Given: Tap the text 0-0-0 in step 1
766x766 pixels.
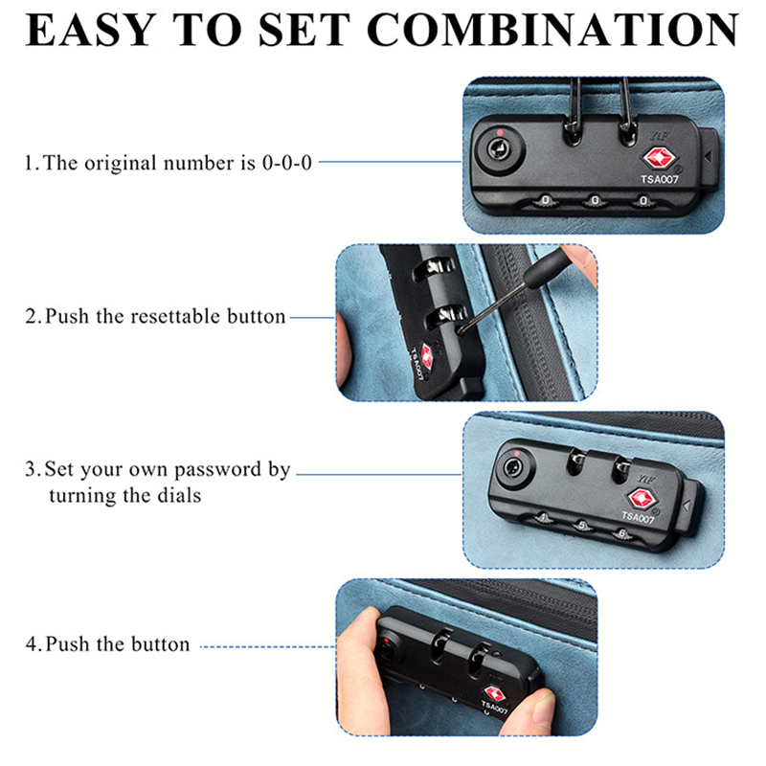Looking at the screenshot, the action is tap(286, 163).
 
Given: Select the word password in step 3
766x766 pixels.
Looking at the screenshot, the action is tap(218, 470).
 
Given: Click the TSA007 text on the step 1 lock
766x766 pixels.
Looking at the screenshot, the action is tap(660, 180).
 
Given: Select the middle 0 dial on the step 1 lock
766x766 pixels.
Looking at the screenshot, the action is tap(595, 200).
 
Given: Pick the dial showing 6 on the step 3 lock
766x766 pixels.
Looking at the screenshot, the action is tap(621, 534).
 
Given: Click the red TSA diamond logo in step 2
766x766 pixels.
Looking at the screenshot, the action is tap(427, 356).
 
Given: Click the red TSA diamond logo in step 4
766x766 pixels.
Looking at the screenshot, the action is tap(493, 693).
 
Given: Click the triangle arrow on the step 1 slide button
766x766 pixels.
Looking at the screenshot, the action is tap(707, 156).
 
